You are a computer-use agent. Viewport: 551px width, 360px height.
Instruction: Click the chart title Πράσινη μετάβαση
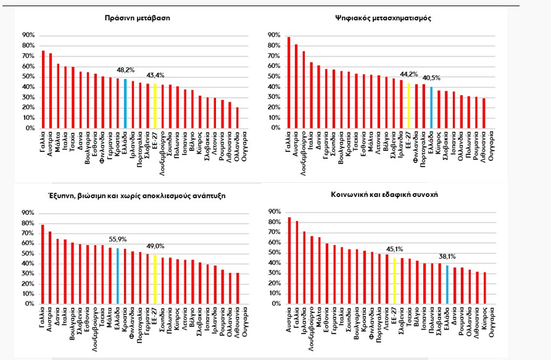(x=137, y=18)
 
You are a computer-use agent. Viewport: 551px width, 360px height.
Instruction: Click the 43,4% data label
(x=155, y=77)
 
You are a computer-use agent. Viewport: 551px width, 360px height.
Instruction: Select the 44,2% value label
(x=408, y=76)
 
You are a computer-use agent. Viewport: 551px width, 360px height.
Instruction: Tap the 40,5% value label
(x=431, y=79)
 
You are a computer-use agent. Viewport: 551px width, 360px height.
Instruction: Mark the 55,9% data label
(x=118, y=239)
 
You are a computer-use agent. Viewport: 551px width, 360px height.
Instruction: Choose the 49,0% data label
(x=155, y=246)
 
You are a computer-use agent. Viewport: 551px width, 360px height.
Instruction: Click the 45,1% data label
(x=394, y=251)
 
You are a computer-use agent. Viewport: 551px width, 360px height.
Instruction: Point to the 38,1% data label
(x=447, y=259)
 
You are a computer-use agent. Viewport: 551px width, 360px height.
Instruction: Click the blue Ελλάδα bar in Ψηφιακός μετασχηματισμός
(x=431, y=108)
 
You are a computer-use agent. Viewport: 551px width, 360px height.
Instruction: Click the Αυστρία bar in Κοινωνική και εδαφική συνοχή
(x=289, y=261)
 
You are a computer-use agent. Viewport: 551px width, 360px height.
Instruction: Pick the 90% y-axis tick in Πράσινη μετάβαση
(x=29, y=35)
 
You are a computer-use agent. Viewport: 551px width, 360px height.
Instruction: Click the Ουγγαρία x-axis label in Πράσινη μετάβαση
(x=246, y=146)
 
